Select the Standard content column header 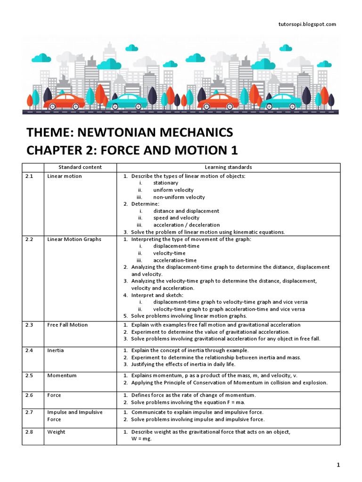(x=80, y=167)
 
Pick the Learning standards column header (x=228, y=167)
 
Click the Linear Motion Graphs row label (x=74, y=239)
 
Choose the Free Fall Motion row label (x=67, y=325)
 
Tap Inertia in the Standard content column (x=56, y=350)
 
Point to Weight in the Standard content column (x=56, y=432)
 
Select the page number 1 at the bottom (x=338, y=465)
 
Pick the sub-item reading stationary (x=165, y=183)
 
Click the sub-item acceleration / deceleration (x=186, y=225)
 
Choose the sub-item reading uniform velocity (x=173, y=190)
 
